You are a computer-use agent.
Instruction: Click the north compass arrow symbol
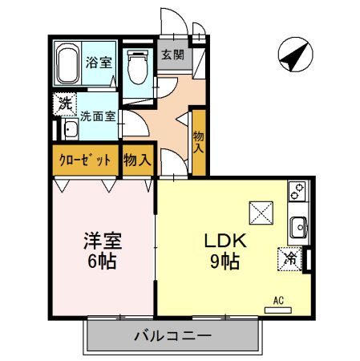pyautogui.click(x=293, y=55)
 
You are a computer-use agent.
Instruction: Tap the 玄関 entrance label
pyautogui.click(x=172, y=55)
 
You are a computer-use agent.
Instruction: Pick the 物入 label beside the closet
pyautogui.click(x=137, y=160)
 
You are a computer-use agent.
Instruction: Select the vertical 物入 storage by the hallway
pyautogui.click(x=199, y=142)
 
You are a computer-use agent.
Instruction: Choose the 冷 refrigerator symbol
pyautogui.click(x=291, y=259)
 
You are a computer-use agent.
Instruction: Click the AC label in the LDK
pyautogui.click(x=278, y=301)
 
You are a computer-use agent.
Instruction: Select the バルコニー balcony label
pyautogui.click(x=172, y=335)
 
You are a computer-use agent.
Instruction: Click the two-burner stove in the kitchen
pyautogui.click(x=297, y=193)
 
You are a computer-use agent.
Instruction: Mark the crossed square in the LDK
pyautogui.click(x=261, y=212)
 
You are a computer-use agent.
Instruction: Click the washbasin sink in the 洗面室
pyautogui.click(x=67, y=130)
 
